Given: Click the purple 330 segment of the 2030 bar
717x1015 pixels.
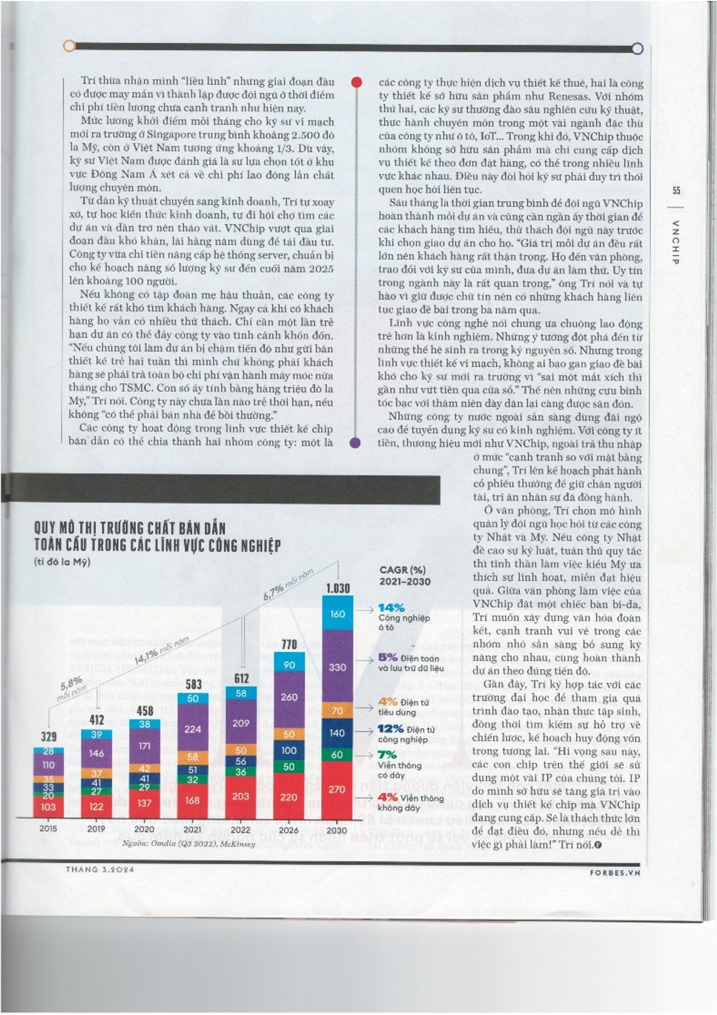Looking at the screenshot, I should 337,667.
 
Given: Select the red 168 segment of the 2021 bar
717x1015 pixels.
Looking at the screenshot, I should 193,801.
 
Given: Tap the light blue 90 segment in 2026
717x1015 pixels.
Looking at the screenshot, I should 289,665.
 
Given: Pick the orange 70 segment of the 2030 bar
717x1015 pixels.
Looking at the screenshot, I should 337,711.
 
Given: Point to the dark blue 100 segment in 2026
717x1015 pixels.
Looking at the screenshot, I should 289,750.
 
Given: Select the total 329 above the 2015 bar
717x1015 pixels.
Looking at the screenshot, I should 49,736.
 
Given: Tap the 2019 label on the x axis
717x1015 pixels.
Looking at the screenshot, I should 96,829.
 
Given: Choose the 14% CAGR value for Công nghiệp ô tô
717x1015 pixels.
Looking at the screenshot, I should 391,608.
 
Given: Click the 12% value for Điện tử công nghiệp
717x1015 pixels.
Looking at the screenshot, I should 391,728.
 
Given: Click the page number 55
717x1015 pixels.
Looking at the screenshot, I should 676,191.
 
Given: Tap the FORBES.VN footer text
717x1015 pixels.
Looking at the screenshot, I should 615,873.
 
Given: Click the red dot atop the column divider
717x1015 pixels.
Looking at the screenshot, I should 356,82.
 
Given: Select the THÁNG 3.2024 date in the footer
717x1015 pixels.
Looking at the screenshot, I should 100,870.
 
